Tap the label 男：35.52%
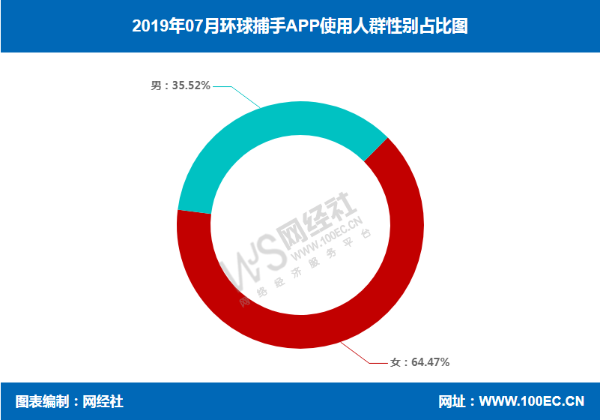coord(180,86)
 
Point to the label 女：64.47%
coord(419,362)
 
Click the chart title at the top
coord(300,26)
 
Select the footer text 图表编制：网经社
coord(69,401)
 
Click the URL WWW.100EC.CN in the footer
coord(531,401)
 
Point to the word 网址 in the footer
coord(452,401)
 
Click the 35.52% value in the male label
coord(190,86)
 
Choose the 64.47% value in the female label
coord(430,362)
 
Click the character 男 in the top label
coord(156,86)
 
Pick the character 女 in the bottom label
coord(396,362)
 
